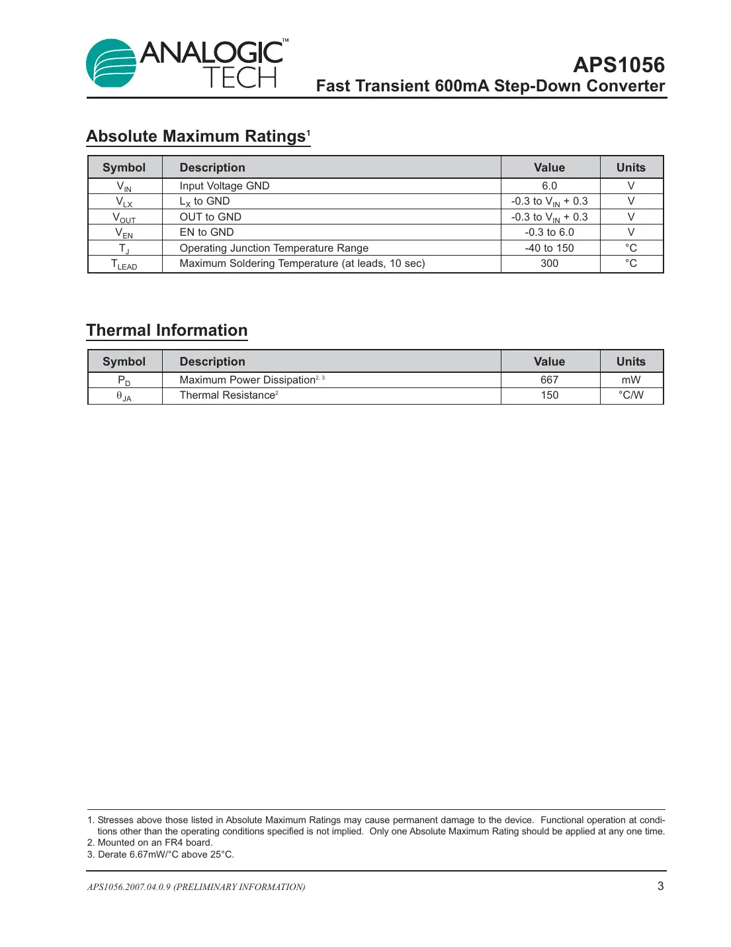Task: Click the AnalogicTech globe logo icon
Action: point(111,63)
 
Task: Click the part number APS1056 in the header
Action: point(618,65)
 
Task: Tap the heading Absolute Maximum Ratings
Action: point(198,136)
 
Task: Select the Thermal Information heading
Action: point(167,330)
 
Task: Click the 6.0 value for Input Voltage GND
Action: point(549,186)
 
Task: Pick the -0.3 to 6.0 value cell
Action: point(549,232)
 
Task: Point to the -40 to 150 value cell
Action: point(549,248)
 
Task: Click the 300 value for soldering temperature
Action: point(549,264)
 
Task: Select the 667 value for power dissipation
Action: point(549,380)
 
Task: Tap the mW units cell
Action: point(630,380)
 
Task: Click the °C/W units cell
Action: point(630,395)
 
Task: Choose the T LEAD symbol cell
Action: point(124,264)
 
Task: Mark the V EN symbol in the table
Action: point(124,233)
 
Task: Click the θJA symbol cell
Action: point(124,396)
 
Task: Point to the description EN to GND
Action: point(206,232)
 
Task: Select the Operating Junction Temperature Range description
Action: point(274,248)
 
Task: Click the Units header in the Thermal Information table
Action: point(630,362)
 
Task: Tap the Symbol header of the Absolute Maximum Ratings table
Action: point(124,168)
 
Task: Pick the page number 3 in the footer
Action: point(660,886)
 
